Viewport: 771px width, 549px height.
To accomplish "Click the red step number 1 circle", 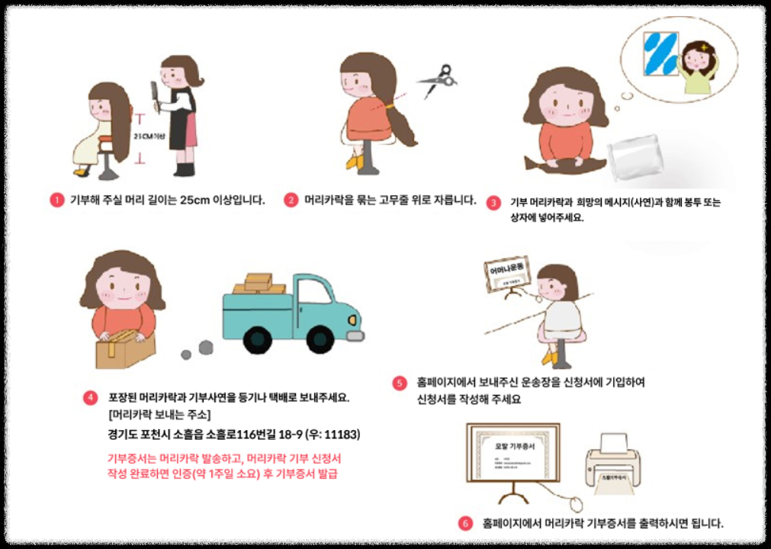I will (56, 201).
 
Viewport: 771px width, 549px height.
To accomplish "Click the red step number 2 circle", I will (291, 201).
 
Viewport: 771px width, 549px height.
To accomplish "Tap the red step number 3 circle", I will (494, 203).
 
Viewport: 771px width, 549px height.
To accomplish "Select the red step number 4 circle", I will (91, 398).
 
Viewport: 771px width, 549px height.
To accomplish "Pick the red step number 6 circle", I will (465, 524).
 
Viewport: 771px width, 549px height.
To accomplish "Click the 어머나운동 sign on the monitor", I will (506, 268).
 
